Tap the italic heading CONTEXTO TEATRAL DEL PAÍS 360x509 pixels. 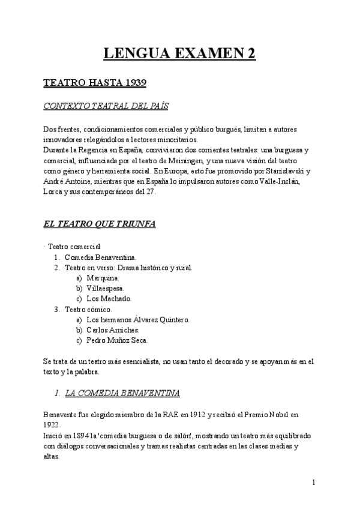coord(106,106)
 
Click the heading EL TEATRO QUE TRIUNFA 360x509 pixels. coord(100,224)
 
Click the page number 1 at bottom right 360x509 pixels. coord(314,482)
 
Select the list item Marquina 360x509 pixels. coord(103,278)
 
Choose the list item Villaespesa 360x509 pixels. coord(105,288)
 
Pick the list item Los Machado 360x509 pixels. coord(109,298)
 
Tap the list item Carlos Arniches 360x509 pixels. coord(113,330)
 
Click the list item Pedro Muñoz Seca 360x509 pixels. coord(116,340)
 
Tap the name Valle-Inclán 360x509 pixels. coord(286,181)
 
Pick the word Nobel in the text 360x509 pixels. coord(275,415)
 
